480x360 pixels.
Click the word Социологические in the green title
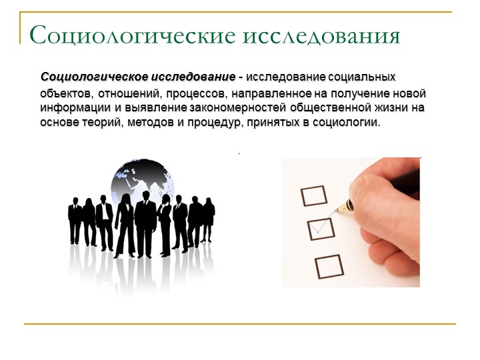[133, 35]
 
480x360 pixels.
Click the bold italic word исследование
[194, 77]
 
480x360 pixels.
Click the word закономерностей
[238, 108]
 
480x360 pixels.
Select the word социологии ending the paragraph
[346, 123]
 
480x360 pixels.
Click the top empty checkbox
[314, 195]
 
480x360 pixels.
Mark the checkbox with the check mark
[321, 229]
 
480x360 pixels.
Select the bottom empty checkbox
[329, 266]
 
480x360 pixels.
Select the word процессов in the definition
[197, 93]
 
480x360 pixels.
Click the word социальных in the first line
[362, 77]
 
